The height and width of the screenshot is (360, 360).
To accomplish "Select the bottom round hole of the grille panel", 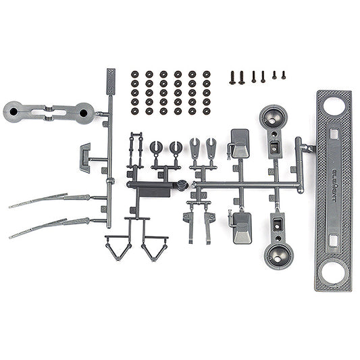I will pos(334,274).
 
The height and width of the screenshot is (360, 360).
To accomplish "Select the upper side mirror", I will pos(240,144).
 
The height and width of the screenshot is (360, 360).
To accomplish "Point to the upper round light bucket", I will pos(273,118).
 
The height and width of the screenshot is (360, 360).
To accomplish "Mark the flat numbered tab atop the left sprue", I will pos(111,82).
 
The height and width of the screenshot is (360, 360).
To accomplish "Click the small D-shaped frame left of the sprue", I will pos(84,157).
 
